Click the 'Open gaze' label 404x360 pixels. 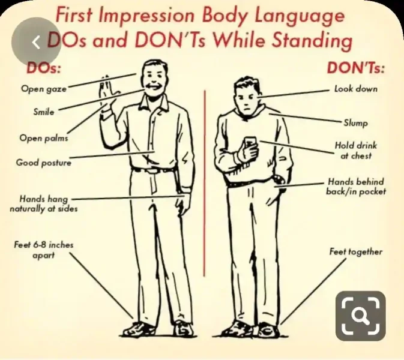pos(44,89)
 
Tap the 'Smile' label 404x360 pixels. pos(44,112)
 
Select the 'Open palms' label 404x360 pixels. pos(44,138)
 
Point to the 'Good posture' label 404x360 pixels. pos(44,163)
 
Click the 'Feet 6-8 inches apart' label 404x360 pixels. pos(44,250)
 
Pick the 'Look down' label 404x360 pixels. pos(356,89)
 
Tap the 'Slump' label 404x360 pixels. pos(356,123)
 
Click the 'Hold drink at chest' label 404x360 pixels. pos(356,151)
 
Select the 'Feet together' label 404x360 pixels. pos(356,251)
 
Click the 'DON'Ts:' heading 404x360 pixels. pos(356,68)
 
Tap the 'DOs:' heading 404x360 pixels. pos(44,68)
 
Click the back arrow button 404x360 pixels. pos(36,42)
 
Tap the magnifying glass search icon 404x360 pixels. pos(360,316)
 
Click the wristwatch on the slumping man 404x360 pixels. pos(278,179)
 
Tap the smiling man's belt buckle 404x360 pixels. pos(152,171)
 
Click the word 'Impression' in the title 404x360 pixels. pos(148,16)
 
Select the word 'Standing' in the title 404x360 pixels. pos(312,41)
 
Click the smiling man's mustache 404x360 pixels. pos(152,86)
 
